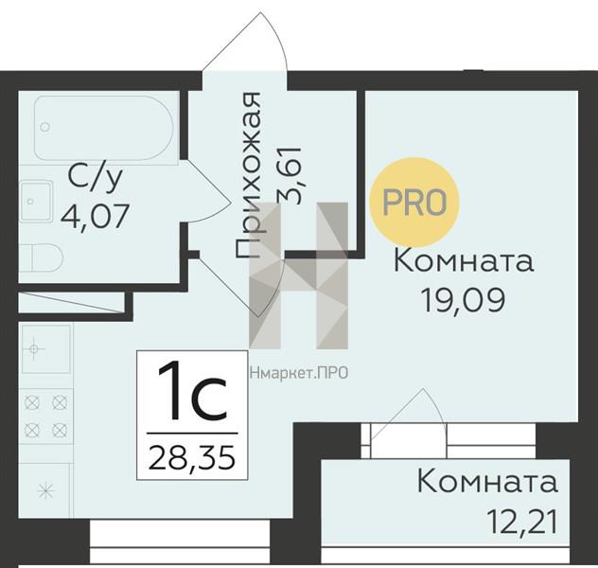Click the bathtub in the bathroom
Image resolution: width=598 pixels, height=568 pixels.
click(x=104, y=128)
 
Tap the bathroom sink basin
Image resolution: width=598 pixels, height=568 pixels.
click(x=36, y=201)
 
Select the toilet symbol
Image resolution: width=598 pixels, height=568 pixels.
click(x=41, y=257)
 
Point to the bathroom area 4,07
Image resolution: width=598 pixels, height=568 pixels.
click(x=96, y=216)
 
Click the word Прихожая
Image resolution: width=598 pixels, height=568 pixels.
click(x=248, y=175)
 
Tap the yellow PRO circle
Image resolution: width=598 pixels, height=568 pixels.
click(x=414, y=203)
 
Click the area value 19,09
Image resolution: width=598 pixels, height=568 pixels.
click(x=464, y=300)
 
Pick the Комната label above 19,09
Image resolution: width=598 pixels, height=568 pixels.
click(x=464, y=260)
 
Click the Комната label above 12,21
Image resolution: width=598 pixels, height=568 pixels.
click(x=487, y=482)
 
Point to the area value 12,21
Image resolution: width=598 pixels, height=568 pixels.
click(x=522, y=522)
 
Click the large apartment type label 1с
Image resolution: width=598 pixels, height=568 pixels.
click(x=193, y=391)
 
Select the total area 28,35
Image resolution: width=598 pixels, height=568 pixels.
click(x=192, y=457)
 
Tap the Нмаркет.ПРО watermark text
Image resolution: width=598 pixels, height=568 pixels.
click(x=299, y=373)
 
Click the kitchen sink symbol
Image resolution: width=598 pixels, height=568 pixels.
click(x=45, y=348)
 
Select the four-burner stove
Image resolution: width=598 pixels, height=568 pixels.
click(x=45, y=417)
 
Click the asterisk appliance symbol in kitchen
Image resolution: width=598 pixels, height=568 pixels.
click(x=45, y=490)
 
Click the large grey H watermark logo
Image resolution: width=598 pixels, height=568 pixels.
click(x=299, y=275)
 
